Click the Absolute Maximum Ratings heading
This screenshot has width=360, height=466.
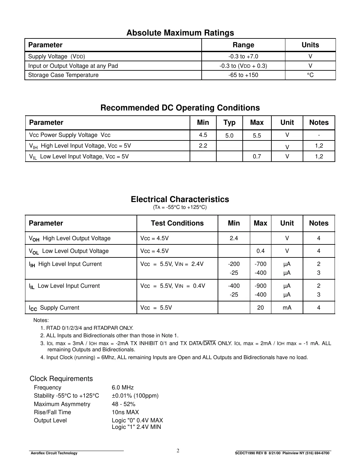pos(180,33)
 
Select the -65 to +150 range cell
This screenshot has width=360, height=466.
pos(243,75)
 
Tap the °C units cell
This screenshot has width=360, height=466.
pos(310,75)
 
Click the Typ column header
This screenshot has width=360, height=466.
pos(229,123)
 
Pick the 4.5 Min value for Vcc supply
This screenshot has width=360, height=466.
pos(203,135)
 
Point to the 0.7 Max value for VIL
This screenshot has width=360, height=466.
pos(257,156)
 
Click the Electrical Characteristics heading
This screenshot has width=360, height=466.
pos(180,199)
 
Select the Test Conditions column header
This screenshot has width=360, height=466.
pos(177,223)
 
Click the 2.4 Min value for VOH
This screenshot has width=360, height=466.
pos(234,238)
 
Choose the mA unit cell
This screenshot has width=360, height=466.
pos(287,308)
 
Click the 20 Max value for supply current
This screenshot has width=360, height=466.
pos(260,308)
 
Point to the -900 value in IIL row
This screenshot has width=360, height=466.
pos(260,286)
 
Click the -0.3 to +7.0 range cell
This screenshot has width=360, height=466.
pos(243,56)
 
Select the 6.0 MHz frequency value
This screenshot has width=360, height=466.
pos(122,387)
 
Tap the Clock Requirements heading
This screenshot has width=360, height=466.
pos(61,379)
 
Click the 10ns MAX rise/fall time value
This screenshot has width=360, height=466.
pos(125,412)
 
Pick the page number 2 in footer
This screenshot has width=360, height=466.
pos(178,451)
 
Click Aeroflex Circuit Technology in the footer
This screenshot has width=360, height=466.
pos(54,453)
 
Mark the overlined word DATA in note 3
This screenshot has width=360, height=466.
pos(209,343)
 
